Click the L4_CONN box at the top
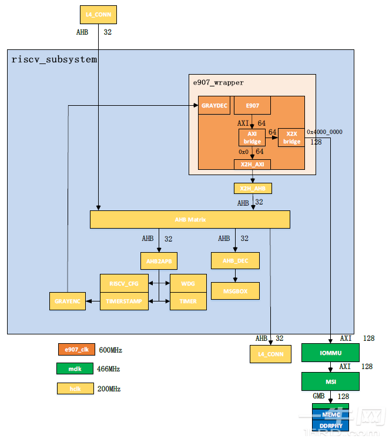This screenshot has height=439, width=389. [x=98, y=15]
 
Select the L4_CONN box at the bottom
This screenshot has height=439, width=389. [x=270, y=354]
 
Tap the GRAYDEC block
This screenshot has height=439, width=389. [x=213, y=105]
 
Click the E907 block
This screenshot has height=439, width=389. [x=252, y=105]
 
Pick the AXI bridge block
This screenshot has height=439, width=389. [x=252, y=137]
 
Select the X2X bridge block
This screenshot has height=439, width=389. [x=291, y=137]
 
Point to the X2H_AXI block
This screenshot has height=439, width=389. [x=252, y=165]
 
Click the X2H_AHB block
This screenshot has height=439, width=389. [x=252, y=189]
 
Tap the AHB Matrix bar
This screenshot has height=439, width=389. [x=190, y=219]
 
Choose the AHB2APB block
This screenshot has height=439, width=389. [x=158, y=260]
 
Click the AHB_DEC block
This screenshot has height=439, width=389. [x=235, y=260]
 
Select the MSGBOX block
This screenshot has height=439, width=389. [x=235, y=290]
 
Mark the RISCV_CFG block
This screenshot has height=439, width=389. [x=124, y=283]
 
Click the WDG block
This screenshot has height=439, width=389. [x=188, y=283]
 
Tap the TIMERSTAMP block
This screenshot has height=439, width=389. [x=124, y=301]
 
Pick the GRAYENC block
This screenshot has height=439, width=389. [x=67, y=301]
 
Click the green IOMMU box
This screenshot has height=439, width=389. [x=330, y=353]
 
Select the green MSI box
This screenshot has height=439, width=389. [x=330, y=381]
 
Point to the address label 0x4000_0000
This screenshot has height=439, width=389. [x=324, y=132]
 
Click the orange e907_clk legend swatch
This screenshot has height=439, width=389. [x=76, y=350]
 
